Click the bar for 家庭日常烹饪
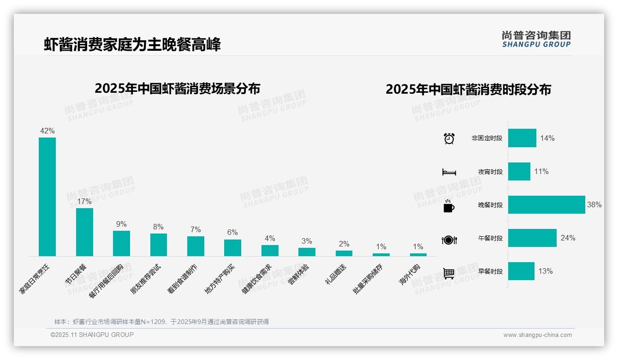[47, 197]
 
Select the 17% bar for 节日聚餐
[84, 232]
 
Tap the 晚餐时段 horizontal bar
[547, 204]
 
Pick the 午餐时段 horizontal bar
[532, 238]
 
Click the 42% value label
[47, 131]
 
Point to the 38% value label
[594, 204]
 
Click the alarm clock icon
[449, 138]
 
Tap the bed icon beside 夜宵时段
[449, 172]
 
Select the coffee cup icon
[449, 206]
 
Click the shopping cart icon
[449, 273]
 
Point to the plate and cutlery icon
[449, 240]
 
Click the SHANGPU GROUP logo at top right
[536, 39]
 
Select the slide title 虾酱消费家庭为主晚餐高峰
[132, 45]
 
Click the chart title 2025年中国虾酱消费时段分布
[468, 90]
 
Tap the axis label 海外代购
[410, 274]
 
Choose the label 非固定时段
[487, 138]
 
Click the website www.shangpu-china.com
[537, 335]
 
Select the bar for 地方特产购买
[232, 248]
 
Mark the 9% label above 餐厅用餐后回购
[121, 224]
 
